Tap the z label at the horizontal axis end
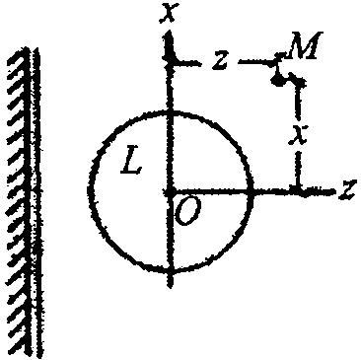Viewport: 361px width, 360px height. (x=348, y=190)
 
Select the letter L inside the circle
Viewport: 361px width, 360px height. (x=131, y=162)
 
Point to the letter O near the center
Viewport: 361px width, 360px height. (x=187, y=211)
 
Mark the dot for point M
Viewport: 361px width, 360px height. (x=278, y=80)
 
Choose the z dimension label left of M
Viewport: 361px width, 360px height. (x=220, y=60)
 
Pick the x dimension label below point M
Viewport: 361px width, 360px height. (x=298, y=135)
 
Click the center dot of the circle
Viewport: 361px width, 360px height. (x=170, y=192)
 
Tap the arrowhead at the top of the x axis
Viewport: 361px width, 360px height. (x=169, y=41)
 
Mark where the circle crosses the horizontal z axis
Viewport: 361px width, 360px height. (x=252, y=191)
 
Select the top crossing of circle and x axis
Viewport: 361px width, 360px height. (x=171, y=112)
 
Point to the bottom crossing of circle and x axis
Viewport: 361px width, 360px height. (x=171, y=271)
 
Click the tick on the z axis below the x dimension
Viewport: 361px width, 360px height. (x=298, y=190)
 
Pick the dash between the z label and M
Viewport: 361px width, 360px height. (x=257, y=61)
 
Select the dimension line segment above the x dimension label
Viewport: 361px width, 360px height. (x=299, y=100)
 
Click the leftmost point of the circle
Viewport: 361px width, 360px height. (x=89, y=190)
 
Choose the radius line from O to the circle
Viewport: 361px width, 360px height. (x=210, y=191)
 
